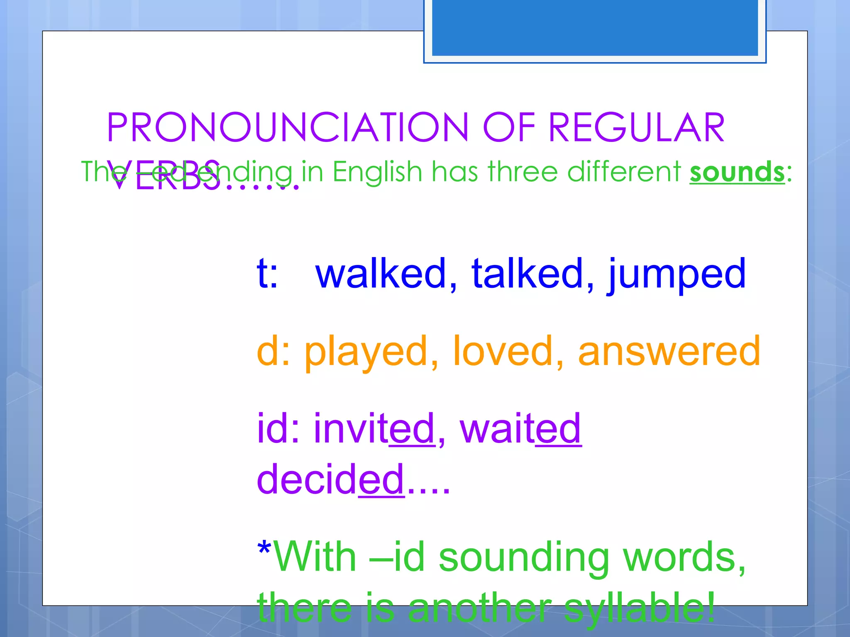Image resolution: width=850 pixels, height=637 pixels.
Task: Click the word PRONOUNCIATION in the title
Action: click(287, 127)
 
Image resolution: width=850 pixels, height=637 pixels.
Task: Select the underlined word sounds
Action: click(737, 172)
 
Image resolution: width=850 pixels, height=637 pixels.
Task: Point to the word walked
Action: click(381, 273)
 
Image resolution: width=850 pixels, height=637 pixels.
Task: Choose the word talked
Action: click(527, 273)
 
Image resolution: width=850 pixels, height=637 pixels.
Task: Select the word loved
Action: click(503, 351)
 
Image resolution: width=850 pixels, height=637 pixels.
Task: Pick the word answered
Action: click(669, 351)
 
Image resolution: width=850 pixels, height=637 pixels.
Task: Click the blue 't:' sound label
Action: click(267, 273)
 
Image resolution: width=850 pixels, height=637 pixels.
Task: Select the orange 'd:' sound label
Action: click(273, 351)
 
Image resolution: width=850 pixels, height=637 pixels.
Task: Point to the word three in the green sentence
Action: click(522, 172)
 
